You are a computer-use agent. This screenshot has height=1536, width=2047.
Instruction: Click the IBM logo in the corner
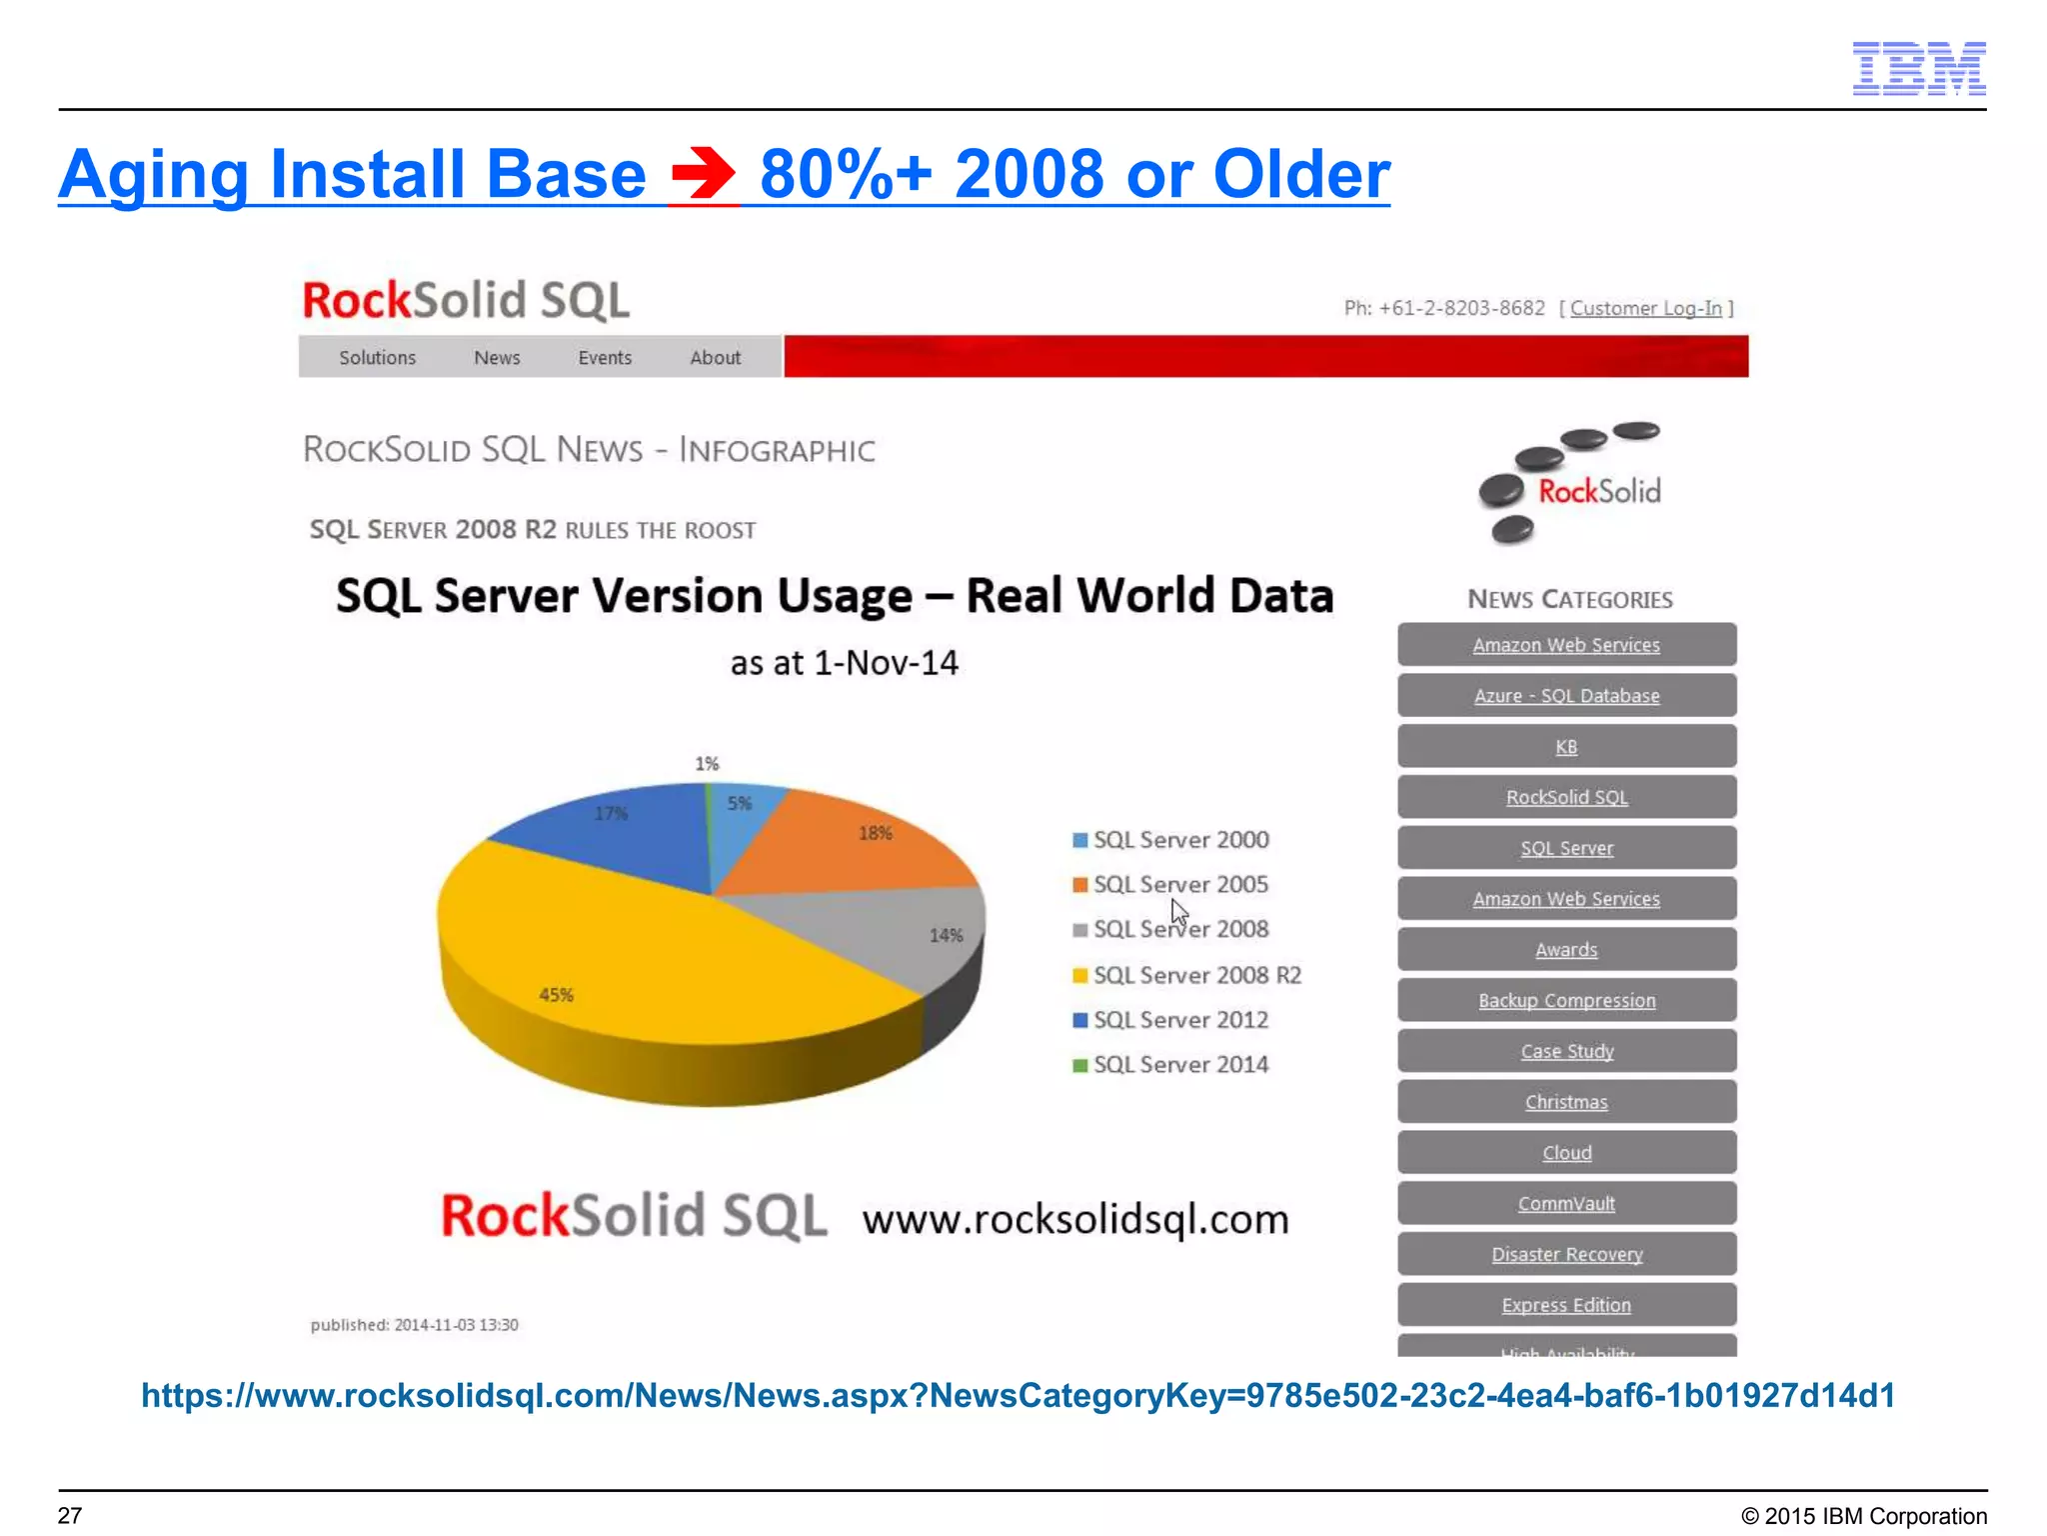[1918, 68]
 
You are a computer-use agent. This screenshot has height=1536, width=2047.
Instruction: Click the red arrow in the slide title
[704, 174]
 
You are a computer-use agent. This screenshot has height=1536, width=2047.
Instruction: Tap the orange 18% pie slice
[860, 845]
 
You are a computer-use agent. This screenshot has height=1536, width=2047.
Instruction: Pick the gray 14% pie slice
[900, 930]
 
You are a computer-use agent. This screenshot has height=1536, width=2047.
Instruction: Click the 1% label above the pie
[707, 764]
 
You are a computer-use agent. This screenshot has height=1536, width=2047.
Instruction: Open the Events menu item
[605, 358]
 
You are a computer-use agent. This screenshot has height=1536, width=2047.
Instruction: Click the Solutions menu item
[377, 358]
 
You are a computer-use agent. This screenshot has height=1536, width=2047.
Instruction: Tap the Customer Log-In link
[1645, 308]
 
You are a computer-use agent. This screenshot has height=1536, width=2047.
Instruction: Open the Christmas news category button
[1566, 1102]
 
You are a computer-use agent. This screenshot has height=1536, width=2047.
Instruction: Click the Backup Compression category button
[1566, 1000]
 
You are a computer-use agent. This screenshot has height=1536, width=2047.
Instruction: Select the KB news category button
[1566, 747]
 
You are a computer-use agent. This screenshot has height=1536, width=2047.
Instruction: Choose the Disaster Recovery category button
[1566, 1254]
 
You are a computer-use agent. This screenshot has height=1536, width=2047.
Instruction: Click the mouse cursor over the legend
[1179, 912]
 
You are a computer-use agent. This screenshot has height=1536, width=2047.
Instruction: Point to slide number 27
[70, 1515]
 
